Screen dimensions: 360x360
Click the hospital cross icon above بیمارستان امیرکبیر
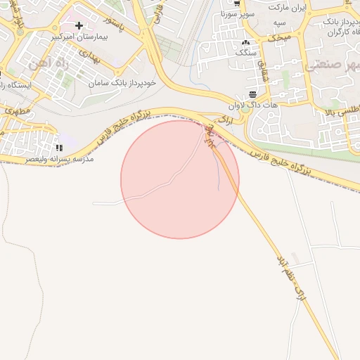(79, 25)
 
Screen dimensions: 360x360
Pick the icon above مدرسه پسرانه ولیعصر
(60, 148)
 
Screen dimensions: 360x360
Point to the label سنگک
(245, 52)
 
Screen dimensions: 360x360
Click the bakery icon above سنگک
(245, 42)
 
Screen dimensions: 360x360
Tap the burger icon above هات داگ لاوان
(252, 95)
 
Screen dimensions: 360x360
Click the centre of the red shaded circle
(180, 179)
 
